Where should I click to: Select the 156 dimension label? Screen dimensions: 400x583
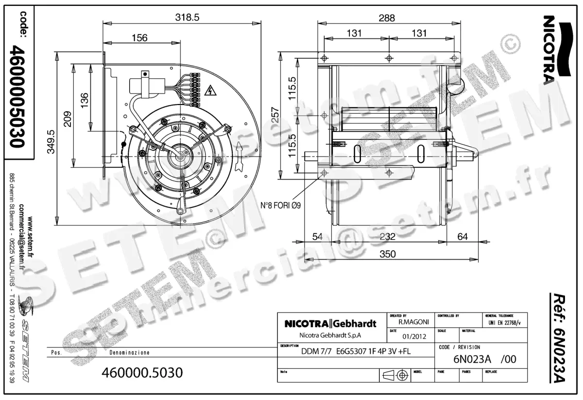tap(139, 37)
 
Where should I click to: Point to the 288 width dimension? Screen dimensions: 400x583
tap(387, 17)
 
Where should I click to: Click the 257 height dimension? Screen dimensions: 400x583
tap(274, 115)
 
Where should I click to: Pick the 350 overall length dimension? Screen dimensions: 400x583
tap(387, 254)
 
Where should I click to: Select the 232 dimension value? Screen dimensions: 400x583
tap(387, 237)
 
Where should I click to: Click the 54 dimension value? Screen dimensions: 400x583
tap(317, 237)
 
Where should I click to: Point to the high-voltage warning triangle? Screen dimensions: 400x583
tap(210, 90)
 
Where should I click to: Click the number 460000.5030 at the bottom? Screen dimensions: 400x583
tap(142, 373)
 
